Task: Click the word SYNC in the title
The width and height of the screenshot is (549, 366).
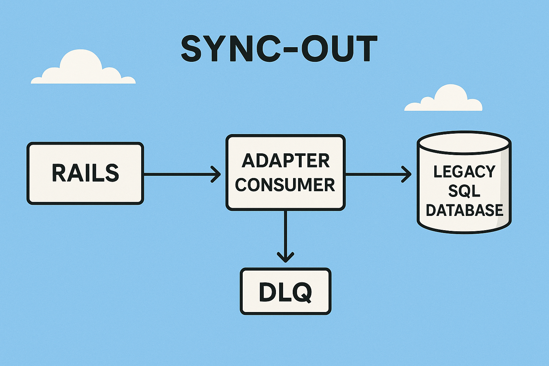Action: click(231, 49)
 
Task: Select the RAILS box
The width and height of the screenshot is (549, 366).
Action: click(85, 173)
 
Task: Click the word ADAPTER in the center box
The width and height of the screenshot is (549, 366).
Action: click(286, 161)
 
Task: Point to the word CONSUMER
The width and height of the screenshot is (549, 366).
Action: click(285, 185)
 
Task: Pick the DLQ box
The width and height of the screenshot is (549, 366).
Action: click(285, 292)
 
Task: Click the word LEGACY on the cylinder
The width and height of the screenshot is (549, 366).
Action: click(464, 172)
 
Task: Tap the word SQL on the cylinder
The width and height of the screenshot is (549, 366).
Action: click(464, 191)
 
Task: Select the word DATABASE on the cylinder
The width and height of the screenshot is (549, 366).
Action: click(464, 210)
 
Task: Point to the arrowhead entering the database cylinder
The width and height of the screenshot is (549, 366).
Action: click(407, 174)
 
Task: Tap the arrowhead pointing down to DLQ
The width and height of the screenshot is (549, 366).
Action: click(285, 257)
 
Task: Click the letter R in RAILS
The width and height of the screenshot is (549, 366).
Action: click(59, 173)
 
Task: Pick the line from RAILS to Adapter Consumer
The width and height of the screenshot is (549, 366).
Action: click(179, 174)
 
